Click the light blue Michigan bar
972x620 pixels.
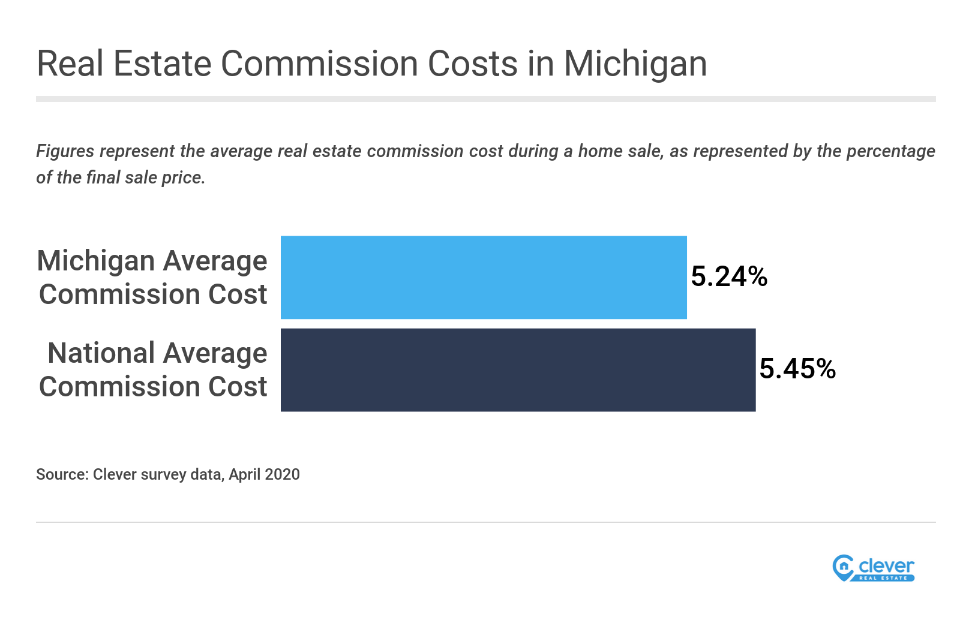click(484, 277)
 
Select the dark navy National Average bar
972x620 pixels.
click(518, 369)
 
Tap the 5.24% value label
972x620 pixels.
click(729, 276)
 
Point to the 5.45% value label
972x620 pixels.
click(797, 369)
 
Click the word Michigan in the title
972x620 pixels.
click(635, 64)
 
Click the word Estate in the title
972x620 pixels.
click(162, 64)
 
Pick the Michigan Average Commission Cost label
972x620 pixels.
click(152, 277)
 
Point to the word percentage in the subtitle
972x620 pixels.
click(890, 151)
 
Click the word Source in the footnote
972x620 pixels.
click(62, 474)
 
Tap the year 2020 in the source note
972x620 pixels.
click(282, 474)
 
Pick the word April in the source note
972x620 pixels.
click(244, 474)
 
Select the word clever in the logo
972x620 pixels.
click(886, 565)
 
